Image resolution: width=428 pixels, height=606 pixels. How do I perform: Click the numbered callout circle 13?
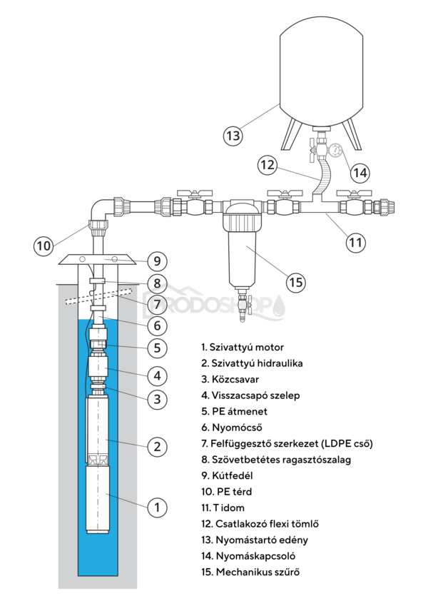pyautogui.click(x=233, y=135)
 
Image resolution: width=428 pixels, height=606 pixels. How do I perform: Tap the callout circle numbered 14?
pyautogui.click(x=361, y=171)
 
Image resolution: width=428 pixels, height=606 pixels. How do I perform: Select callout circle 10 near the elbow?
pyautogui.click(x=44, y=246)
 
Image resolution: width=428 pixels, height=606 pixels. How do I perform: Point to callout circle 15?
pyautogui.click(x=295, y=282)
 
